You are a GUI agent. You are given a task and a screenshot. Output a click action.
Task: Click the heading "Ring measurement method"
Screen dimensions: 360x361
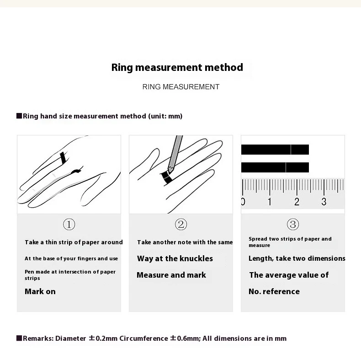[177, 68]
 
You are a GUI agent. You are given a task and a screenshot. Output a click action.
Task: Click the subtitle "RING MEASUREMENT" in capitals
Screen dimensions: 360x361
[181, 87]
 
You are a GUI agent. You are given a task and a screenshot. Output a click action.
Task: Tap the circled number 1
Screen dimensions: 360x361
[69, 224]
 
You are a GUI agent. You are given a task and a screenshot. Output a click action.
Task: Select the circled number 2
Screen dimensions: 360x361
[181, 224]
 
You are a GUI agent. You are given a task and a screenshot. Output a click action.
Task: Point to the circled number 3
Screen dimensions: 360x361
[293, 224]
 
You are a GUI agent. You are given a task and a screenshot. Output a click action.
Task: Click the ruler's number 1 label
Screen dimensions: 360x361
[270, 202]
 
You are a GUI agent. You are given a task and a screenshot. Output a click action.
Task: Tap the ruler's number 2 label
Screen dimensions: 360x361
[297, 202]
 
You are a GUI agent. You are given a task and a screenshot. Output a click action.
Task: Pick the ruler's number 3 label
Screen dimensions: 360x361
[324, 202]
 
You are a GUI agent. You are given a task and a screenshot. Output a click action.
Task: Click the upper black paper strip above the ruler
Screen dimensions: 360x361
[275, 150]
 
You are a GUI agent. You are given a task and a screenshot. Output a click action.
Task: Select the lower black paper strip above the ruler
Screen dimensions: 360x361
[275, 167]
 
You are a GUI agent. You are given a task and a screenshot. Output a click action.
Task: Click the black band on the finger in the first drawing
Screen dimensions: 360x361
[64, 158]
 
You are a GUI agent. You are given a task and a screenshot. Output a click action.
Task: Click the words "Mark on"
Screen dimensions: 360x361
[40, 291]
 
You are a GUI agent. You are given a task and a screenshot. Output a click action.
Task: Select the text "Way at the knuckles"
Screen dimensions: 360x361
[175, 258]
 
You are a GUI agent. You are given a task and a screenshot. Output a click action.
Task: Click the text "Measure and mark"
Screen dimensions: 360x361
[171, 275]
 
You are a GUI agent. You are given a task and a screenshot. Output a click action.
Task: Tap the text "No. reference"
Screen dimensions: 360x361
[274, 291]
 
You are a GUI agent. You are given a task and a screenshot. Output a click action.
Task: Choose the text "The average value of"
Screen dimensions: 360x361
[289, 275]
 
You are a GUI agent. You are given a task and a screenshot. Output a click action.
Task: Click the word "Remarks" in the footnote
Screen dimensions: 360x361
[38, 339]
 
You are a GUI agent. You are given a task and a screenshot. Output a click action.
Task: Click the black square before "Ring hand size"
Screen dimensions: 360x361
[19, 116]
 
